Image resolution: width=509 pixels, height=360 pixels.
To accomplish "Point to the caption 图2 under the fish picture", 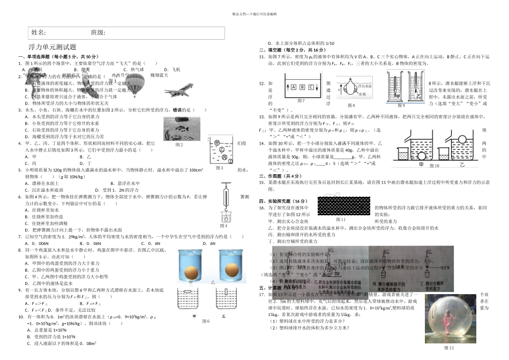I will point(179,145).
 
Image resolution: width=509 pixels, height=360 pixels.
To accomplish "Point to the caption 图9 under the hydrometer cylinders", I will point(401,106).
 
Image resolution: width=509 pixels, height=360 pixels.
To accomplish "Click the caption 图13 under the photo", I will point(449,348).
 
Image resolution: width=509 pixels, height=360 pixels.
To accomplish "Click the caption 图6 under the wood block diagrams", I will point(205,321).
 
